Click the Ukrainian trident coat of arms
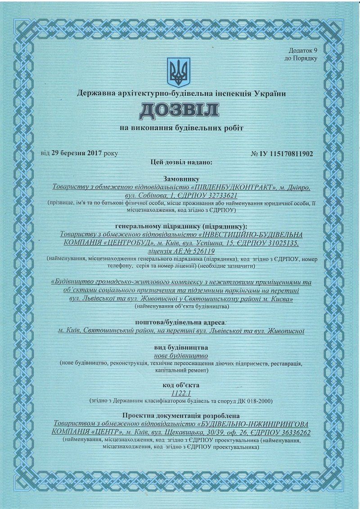point(179,72)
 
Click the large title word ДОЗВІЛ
point(179,111)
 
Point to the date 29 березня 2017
point(77,153)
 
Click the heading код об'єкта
point(181,385)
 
